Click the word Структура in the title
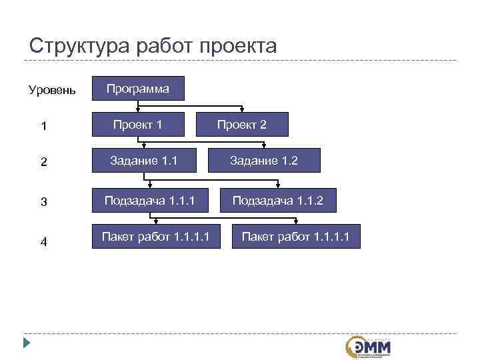click(x=79, y=46)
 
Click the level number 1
click(x=43, y=125)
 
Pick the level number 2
click(x=43, y=162)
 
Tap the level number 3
click(x=43, y=202)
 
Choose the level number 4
click(x=43, y=242)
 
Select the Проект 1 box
click(x=138, y=124)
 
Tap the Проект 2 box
click(x=242, y=125)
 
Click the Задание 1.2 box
click(x=264, y=161)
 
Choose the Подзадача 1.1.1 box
click(x=151, y=200)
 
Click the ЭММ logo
click(x=369, y=347)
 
